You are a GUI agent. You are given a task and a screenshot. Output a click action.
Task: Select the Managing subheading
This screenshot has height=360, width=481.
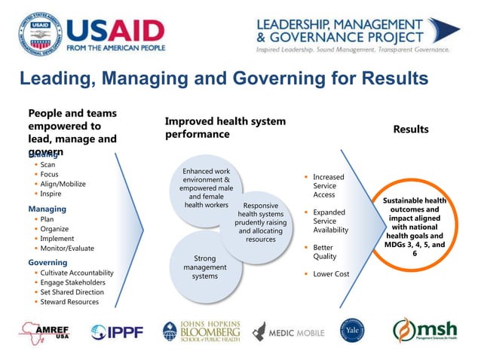47,209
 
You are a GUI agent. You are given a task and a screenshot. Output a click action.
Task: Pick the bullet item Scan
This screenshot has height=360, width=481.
47,164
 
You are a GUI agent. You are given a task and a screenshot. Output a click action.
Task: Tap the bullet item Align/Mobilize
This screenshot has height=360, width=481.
63,184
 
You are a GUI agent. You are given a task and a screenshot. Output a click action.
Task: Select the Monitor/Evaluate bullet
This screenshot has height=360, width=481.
67,248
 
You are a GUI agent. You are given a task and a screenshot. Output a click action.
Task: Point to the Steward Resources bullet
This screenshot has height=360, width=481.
69,301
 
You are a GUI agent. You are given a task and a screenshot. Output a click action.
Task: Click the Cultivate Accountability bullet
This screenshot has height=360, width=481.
77,273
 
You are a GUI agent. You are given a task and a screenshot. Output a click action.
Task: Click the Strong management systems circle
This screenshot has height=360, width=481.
204,267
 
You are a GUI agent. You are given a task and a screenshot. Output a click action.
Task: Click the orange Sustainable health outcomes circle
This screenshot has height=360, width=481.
414,227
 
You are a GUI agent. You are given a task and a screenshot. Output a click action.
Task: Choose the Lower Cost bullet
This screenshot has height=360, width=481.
331,274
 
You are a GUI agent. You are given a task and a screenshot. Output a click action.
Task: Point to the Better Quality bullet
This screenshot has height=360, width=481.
325,252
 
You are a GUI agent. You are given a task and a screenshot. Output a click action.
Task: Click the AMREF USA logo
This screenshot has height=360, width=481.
46,331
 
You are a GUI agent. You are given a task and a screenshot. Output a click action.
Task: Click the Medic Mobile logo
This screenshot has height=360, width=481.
289,332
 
